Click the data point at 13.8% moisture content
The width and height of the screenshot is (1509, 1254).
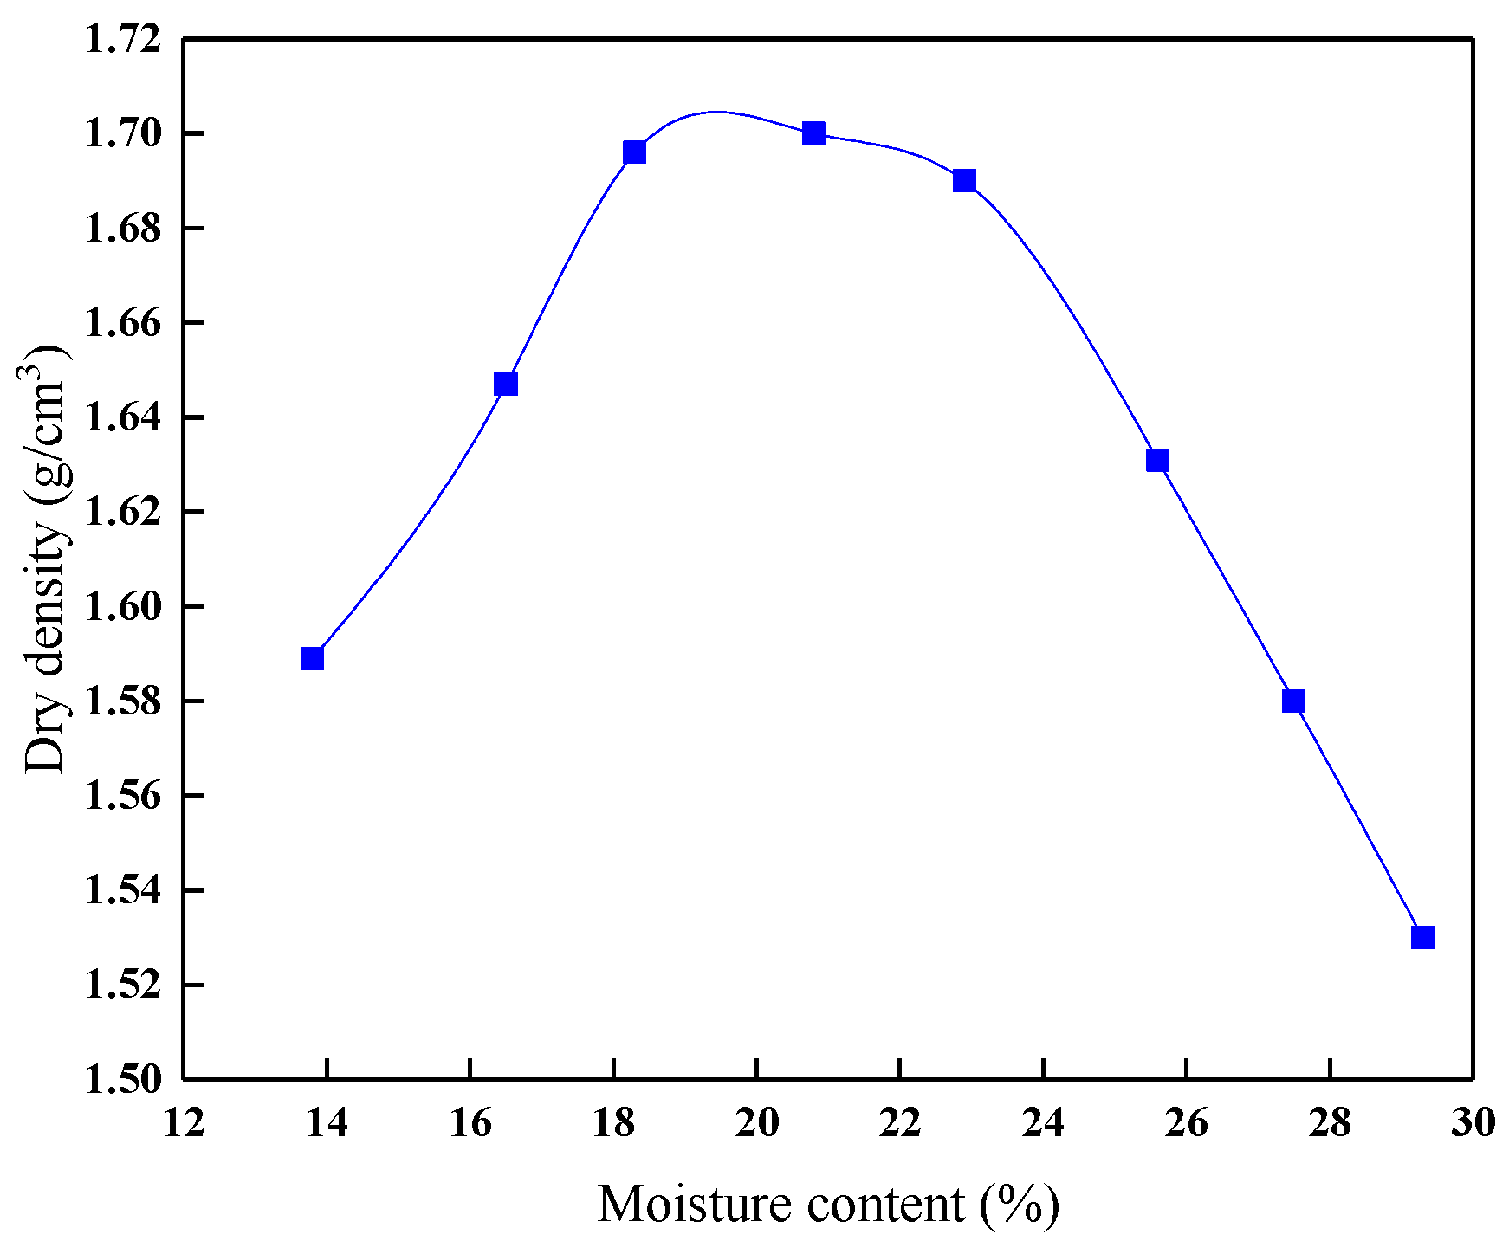click(x=312, y=658)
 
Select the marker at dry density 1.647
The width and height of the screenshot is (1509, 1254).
click(x=506, y=384)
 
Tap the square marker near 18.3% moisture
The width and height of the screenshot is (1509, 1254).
click(x=634, y=152)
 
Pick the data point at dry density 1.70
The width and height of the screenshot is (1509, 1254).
click(x=813, y=133)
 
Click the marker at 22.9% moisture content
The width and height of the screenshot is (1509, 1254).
click(x=964, y=180)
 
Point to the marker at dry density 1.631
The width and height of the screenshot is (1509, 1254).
click(x=1157, y=460)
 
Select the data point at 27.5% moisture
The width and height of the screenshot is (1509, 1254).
click(x=1293, y=701)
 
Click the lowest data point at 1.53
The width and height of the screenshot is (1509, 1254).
click(x=1422, y=937)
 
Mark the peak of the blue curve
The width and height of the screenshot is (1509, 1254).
click(x=716, y=112)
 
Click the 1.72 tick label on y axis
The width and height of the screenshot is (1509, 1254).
click(x=122, y=40)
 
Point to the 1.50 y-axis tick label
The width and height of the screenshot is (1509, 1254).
click(x=122, y=1080)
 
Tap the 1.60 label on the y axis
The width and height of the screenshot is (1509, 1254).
click(x=122, y=607)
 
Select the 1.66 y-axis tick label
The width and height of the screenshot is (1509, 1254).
click(x=122, y=323)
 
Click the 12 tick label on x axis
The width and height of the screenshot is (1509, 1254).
click(x=184, y=1123)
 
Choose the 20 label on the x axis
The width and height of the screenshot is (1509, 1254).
click(x=757, y=1123)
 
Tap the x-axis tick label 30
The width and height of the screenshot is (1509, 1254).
click(x=1473, y=1123)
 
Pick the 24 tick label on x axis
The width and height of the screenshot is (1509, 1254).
click(x=1043, y=1123)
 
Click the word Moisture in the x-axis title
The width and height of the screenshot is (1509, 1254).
click(x=696, y=1205)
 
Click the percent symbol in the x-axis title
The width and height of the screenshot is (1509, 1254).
click(x=1020, y=1205)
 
